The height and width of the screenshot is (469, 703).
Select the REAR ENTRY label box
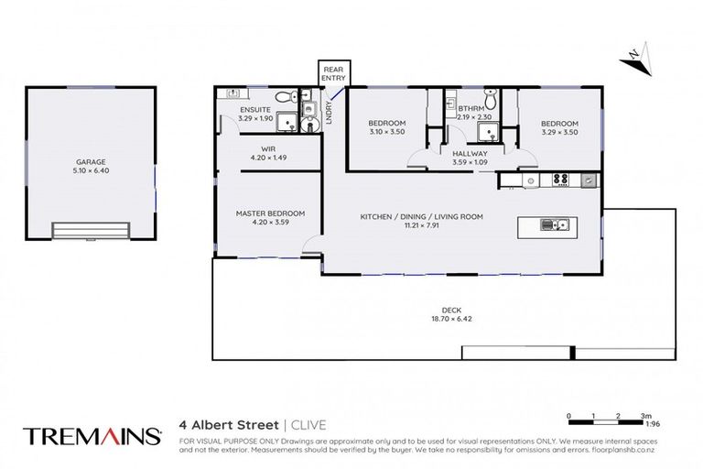(x=333, y=72)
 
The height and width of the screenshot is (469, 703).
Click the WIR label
(x=268, y=147)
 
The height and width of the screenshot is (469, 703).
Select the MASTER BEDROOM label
(x=270, y=213)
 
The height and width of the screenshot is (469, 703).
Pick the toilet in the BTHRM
(x=492, y=93)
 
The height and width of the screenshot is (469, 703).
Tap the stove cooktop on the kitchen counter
(x=560, y=180)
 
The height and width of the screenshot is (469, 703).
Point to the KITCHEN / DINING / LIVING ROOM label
(x=421, y=216)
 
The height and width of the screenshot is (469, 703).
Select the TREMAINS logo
(x=90, y=436)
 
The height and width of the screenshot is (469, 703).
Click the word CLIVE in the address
(x=308, y=424)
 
